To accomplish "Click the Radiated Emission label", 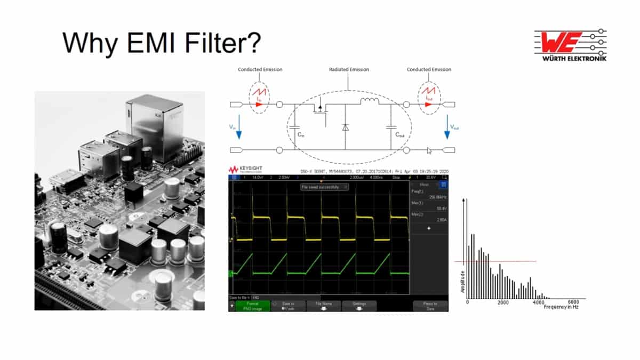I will click(x=349, y=69).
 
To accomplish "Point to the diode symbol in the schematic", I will click(x=345, y=127).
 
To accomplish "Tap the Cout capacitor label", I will click(x=400, y=135).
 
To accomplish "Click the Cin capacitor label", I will click(x=300, y=135).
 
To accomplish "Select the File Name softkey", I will click(x=324, y=306).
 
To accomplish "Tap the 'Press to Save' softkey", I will click(x=430, y=306).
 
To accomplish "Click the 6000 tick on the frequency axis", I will click(x=573, y=302).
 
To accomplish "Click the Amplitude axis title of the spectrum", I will click(x=462, y=281).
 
